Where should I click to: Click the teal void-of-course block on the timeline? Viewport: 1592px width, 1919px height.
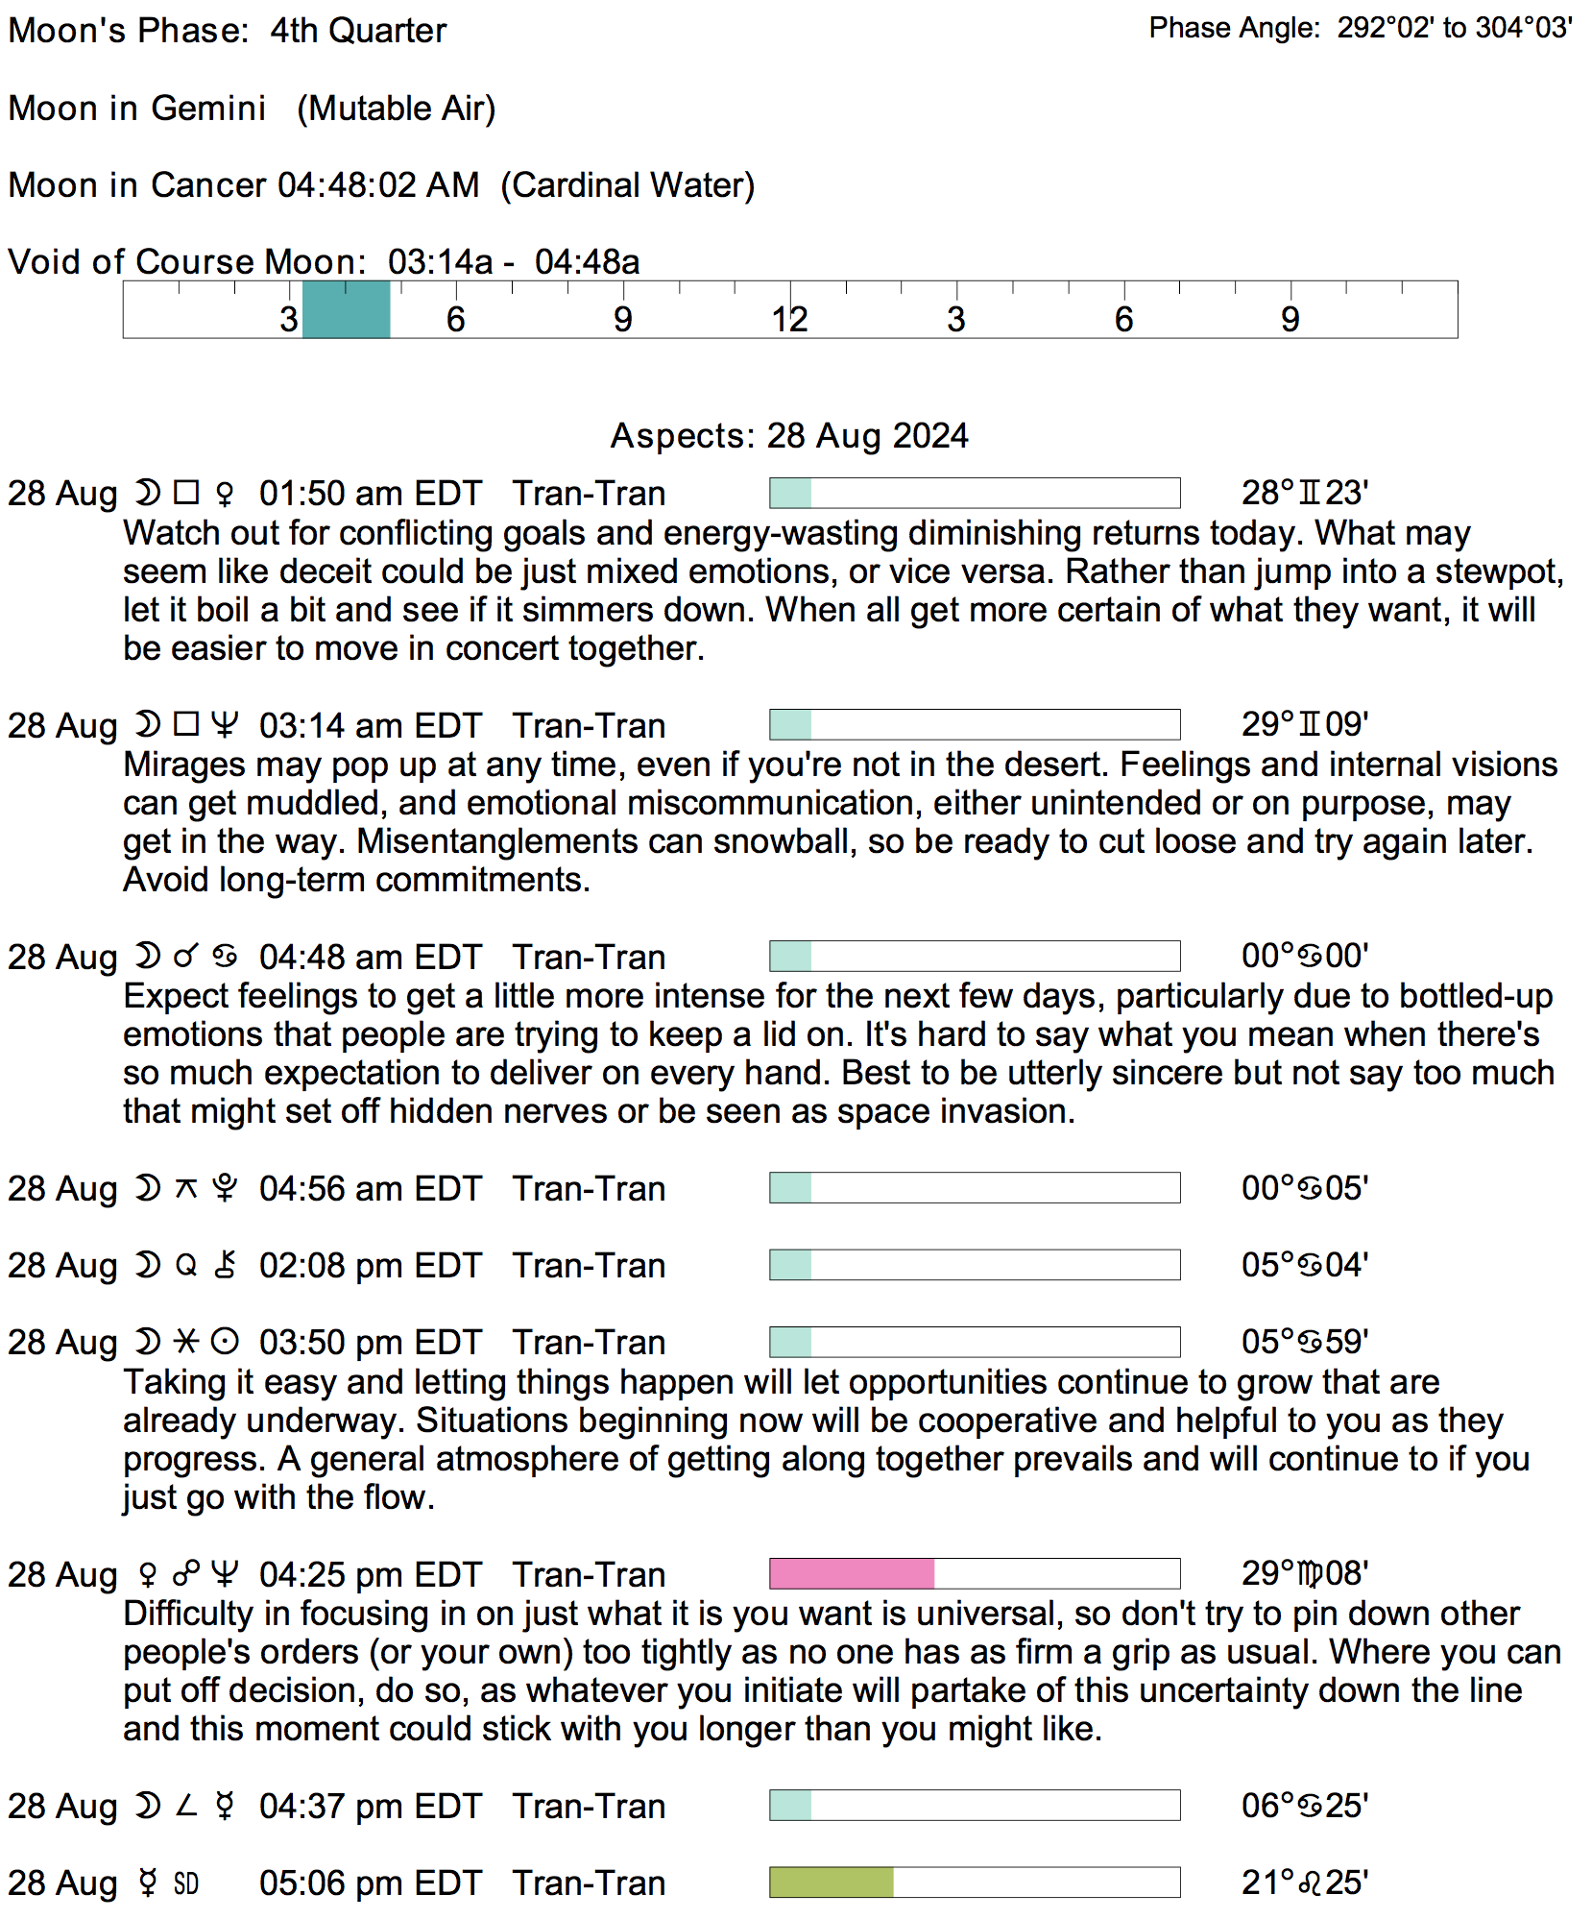(x=346, y=309)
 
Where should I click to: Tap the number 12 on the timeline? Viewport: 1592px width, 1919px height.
(x=789, y=320)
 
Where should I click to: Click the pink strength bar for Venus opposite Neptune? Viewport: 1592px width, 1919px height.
(x=852, y=1573)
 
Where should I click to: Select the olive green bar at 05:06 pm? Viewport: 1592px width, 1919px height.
(x=832, y=1883)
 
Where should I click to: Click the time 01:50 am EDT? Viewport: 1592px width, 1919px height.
(x=370, y=494)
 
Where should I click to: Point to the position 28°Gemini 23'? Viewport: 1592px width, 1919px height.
(x=1304, y=493)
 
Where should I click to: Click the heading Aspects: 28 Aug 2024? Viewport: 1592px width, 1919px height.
(x=789, y=436)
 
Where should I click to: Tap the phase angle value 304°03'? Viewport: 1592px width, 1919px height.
(x=1523, y=28)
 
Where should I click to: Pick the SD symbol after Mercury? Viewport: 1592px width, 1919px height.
(x=186, y=1883)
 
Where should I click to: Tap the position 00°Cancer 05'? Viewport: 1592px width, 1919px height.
(x=1304, y=1188)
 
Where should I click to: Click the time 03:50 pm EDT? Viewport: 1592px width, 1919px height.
(x=370, y=1343)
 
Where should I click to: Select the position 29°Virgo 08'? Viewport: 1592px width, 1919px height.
(x=1304, y=1574)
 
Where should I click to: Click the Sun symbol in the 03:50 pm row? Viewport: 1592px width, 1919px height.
(x=225, y=1342)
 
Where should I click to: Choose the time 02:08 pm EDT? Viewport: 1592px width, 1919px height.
(x=370, y=1266)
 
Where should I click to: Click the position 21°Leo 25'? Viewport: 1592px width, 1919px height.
(x=1304, y=1883)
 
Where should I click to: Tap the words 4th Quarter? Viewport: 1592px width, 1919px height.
(x=358, y=31)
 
